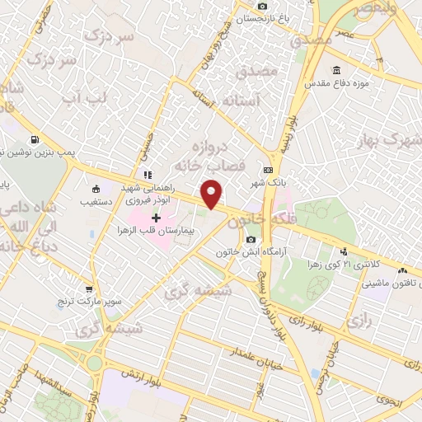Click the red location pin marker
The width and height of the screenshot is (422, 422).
click(x=213, y=193)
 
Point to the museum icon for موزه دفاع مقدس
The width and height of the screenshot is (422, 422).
click(x=335, y=70)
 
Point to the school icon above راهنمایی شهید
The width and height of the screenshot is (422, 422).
click(x=148, y=175)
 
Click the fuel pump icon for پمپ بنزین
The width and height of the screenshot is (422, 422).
click(x=35, y=140)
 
